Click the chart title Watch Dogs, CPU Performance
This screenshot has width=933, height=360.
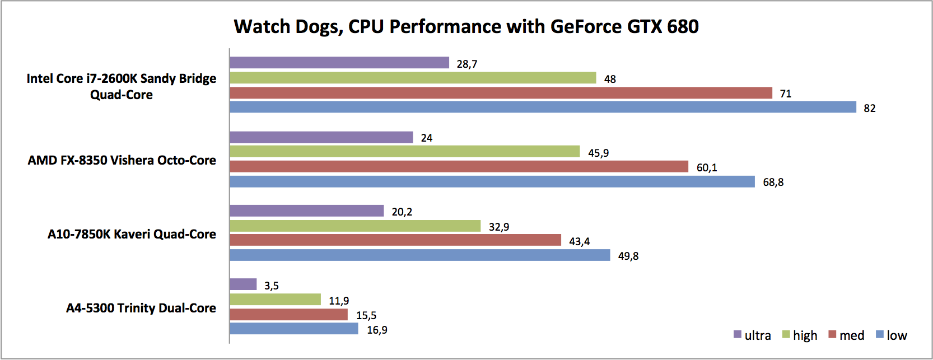tap(466, 27)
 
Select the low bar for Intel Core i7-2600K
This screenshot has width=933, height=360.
tap(543, 107)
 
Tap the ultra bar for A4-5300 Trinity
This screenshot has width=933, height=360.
tap(243, 284)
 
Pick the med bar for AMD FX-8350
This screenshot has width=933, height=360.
tap(459, 166)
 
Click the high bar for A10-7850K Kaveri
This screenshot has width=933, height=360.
tap(355, 226)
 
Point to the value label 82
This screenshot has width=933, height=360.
tap(869, 108)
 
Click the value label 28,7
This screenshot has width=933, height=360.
tap(467, 64)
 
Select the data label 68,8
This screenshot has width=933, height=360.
tap(773, 182)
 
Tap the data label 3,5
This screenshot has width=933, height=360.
tap(271, 286)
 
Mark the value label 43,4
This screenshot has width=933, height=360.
tap(579, 241)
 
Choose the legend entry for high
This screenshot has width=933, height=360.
tap(800, 335)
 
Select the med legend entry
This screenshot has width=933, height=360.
tap(846, 335)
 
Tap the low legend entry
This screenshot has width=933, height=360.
tap(892, 335)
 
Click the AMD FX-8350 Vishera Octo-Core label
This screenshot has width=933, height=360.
tap(122, 160)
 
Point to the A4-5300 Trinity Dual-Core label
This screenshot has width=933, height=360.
tap(141, 308)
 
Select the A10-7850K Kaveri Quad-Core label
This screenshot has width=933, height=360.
tap(132, 234)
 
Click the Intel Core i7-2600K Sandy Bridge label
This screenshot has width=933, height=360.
tap(122, 86)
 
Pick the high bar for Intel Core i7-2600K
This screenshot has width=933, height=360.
tap(413, 78)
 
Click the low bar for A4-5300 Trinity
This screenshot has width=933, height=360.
tap(293, 329)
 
